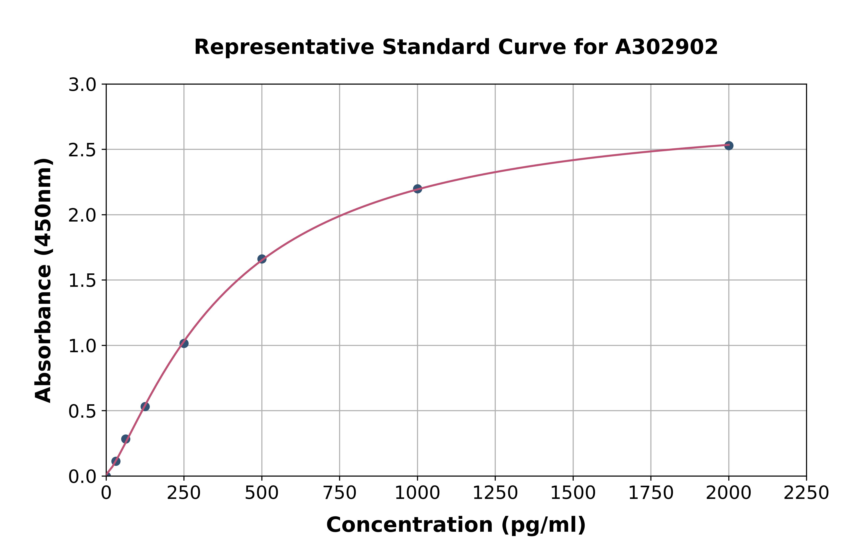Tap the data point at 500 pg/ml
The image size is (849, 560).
(x=261, y=259)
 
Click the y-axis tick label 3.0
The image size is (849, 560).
(x=82, y=85)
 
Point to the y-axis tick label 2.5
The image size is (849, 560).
(x=82, y=150)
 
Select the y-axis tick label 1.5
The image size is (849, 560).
(x=82, y=281)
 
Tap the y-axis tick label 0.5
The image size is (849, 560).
(x=82, y=411)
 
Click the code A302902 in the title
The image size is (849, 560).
(x=666, y=47)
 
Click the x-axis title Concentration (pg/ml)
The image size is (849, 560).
(x=456, y=525)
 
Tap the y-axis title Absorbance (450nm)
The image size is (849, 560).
(x=44, y=280)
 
